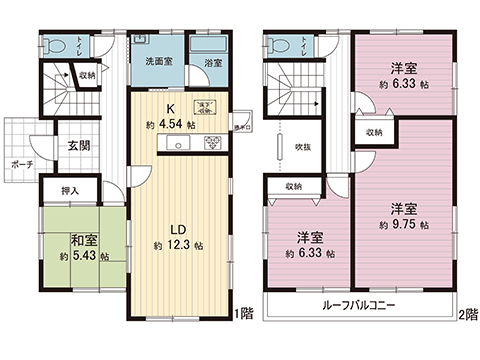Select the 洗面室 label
(157, 62)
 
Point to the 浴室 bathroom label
(212, 62)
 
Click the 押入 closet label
(70, 189)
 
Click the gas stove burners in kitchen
(214, 145)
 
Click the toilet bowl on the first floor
(57, 45)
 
